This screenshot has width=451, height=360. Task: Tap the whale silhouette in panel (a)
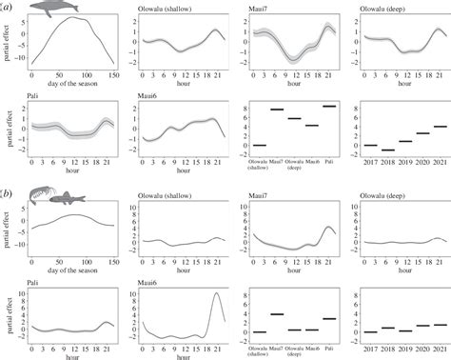56,9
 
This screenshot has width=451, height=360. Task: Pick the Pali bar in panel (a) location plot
329,107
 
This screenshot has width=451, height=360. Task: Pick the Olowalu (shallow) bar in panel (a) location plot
260,145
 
